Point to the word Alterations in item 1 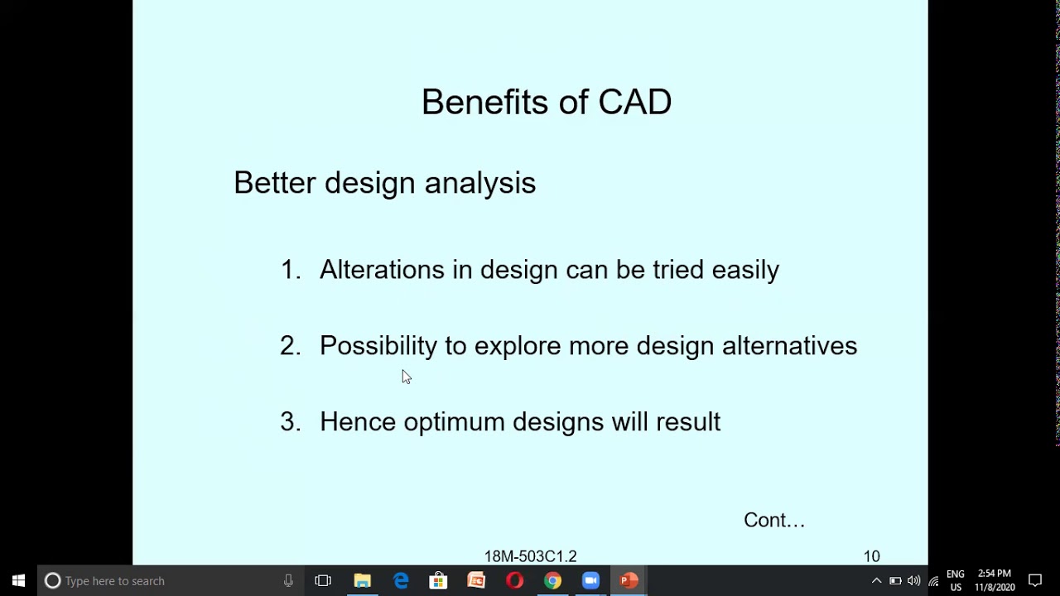click(x=382, y=270)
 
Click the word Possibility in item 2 click(x=378, y=346)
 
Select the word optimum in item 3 click(x=454, y=422)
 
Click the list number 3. click(x=289, y=422)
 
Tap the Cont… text click(x=773, y=520)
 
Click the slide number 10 click(x=871, y=556)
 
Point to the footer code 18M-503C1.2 click(x=530, y=556)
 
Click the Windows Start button click(x=18, y=581)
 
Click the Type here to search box click(x=166, y=581)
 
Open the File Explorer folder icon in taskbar click(x=362, y=581)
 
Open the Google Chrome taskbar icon click(x=552, y=581)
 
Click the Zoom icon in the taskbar click(x=590, y=581)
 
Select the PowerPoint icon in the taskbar click(x=629, y=581)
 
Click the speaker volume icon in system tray click(x=913, y=581)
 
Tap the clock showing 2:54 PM click(x=994, y=574)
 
